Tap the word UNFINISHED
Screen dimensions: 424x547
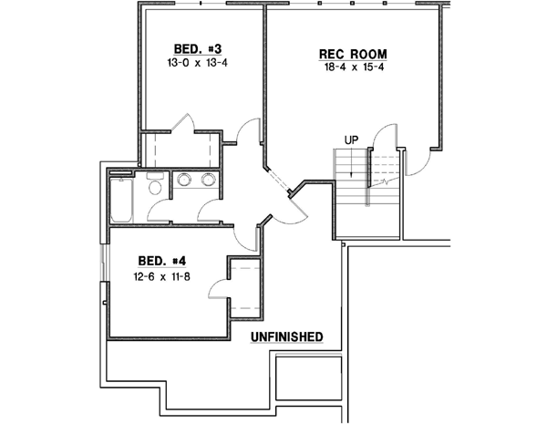[x=286, y=337]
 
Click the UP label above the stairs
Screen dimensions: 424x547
[x=351, y=140]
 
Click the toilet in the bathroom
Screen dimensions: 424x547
[x=154, y=187]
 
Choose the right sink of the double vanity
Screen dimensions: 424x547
[x=209, y=180]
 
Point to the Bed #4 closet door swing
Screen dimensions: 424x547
[x=219, y=288]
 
